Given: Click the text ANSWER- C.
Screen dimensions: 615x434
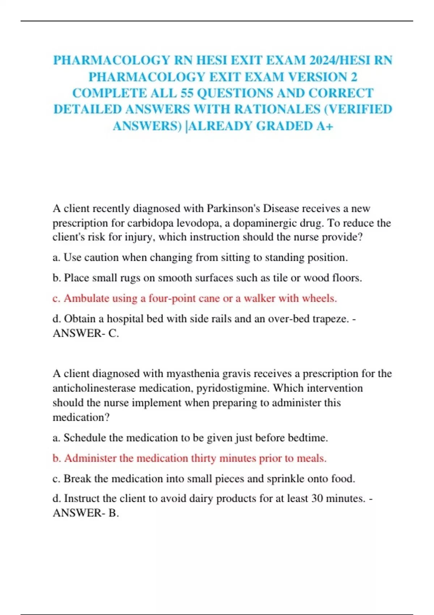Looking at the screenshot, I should [86, 333].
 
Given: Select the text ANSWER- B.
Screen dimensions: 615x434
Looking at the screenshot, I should [86, 513].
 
